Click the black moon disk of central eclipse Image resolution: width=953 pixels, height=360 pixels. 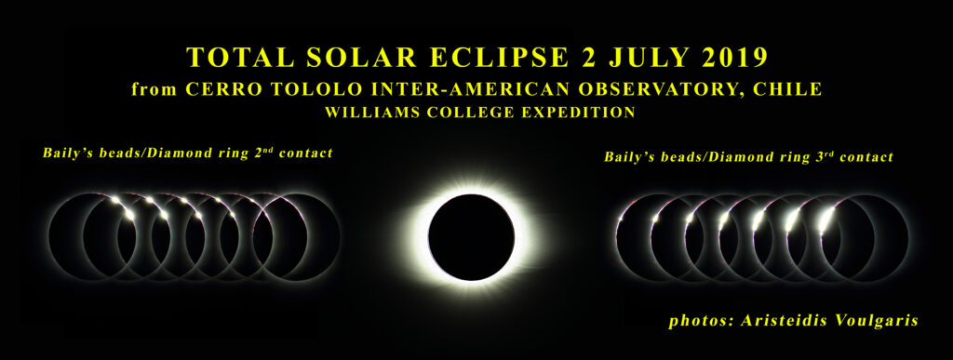472,237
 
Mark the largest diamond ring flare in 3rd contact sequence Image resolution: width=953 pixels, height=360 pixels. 825,220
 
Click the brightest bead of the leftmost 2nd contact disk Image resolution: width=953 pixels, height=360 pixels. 128,214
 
